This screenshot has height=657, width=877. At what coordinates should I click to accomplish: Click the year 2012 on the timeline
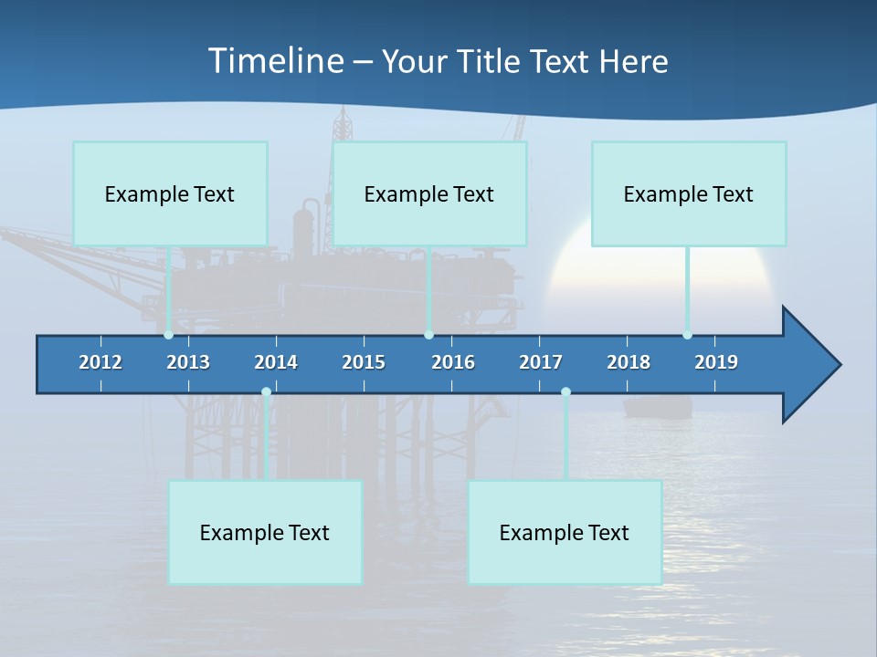pyautogui.click(x=100, y=362)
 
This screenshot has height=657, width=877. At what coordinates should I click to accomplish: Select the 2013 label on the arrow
pyautogui.click(x=188, y=362)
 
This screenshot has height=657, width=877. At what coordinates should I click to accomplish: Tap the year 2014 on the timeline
pyautogui.click(x=276, y=362)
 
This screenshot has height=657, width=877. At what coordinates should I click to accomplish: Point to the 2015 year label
pyautogui.click(x=364, y=362)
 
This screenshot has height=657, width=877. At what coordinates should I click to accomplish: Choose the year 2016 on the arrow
pyautogui.click(x=453, y=362)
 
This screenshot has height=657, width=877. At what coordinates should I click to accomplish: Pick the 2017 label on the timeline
pyautogui.click(x=541, y=362)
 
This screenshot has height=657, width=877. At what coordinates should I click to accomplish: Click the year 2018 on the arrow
pyautogui.click(x=629, y=362)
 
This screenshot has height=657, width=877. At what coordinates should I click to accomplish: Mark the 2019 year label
pyautogui.click(x=716, y=362)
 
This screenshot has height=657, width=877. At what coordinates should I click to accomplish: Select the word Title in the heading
pyautogui.click(x=491, y=62)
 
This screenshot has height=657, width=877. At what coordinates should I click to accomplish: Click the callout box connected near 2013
pyautogui.click(x=170, y=193)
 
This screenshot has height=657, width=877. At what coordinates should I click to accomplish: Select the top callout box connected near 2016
pyautogui.click(x=429, y=193)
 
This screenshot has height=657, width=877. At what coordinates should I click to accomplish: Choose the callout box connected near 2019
pyautogui.click(x=689, y=193)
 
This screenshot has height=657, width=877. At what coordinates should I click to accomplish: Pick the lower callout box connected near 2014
pyautogui.click(x=265, y=532)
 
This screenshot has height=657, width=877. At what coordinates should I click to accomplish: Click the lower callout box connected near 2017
pyautogui.click(x=565, y=532)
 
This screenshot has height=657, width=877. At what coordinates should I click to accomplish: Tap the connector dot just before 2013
pyautogui.click(x=168, y=335)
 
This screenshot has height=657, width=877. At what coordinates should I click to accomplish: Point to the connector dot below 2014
pyautogui.click(x=266, y=392)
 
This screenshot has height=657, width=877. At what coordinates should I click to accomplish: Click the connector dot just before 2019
pyautogui.click(x=687, y=335)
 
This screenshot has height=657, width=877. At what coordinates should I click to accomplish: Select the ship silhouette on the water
pyautogui.click(x=658, y=407)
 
